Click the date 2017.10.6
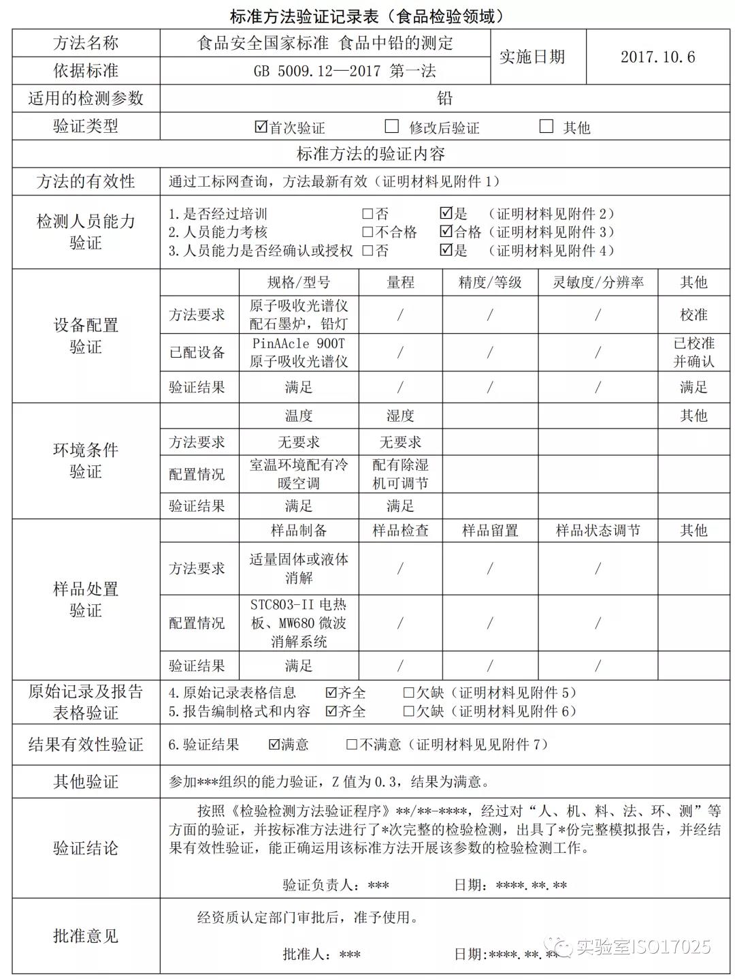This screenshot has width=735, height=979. pos(657,57)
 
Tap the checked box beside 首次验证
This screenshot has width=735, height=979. pos(261,127)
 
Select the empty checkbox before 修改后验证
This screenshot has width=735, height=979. pos(391,126)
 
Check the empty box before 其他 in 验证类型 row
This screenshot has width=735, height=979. pos(546,126)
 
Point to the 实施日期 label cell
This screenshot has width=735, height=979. pos(532,57)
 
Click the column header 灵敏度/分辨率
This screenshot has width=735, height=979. pos(598,283)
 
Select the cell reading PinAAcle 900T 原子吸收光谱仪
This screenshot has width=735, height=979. pos(299,352)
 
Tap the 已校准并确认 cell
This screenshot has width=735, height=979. pos(693,352)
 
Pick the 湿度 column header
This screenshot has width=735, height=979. pos(400,416)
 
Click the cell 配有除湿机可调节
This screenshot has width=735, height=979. pos(400,474)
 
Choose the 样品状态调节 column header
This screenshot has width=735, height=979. pos(598,531)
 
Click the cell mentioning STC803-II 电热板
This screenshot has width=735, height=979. pos(299,623)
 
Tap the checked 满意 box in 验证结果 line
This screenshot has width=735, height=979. pos(275,744)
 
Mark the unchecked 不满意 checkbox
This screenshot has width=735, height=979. pos(352,744)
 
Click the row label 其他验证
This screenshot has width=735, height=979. pos(86,781)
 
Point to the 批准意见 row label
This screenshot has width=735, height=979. pos(86,936)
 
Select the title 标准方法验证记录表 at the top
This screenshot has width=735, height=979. pos(367,16)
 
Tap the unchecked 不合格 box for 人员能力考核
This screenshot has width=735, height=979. pos(367,232)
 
